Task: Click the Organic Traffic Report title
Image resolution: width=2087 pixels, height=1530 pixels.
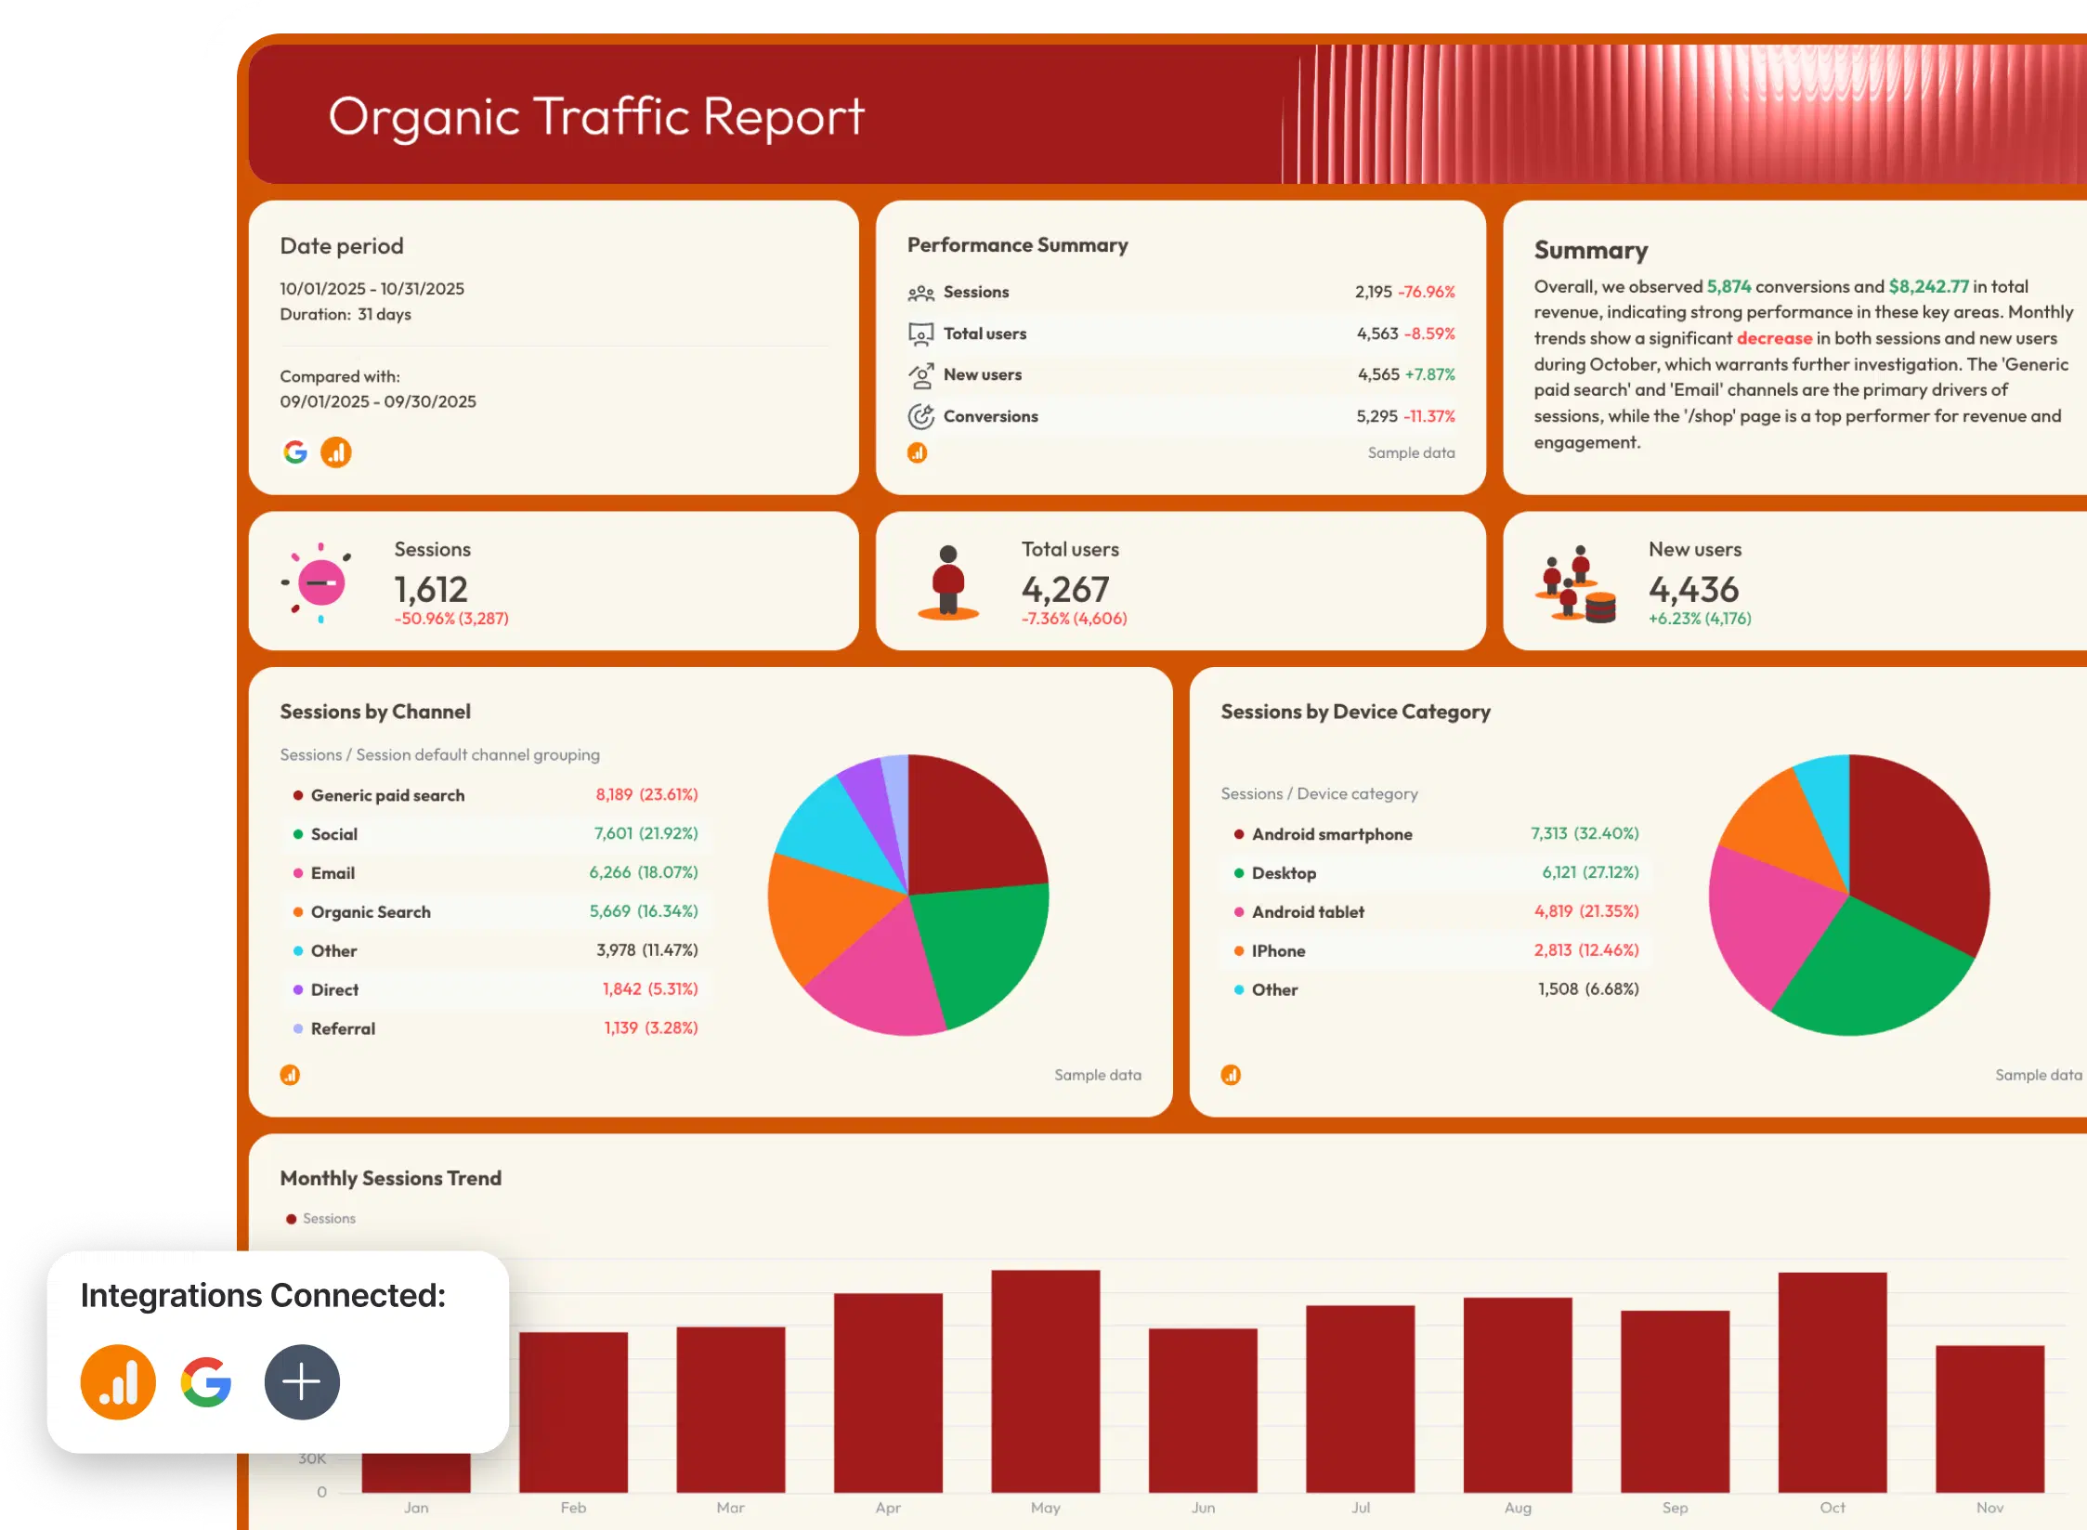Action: point(595,117)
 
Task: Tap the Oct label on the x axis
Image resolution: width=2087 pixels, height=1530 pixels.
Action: point(1832,1508)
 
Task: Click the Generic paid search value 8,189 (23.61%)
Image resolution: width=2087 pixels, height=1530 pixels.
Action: point(646,795)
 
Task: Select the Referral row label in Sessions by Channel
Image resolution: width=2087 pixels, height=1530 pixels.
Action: point(343,1028)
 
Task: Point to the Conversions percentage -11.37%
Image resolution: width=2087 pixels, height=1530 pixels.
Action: point(1429,416)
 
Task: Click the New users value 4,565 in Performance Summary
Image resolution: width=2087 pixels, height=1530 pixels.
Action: point(1377,374)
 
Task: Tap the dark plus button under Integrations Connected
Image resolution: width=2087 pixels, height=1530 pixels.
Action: point(302,1381)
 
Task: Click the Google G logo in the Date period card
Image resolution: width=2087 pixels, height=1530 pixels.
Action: point(295,452)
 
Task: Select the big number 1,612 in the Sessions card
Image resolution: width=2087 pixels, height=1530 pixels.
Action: point(431,590)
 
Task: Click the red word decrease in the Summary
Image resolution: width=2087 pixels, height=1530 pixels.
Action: point(1774,338)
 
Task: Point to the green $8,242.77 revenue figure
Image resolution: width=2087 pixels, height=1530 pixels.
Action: point(1928,286)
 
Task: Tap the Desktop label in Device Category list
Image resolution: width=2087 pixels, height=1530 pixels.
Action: point(1284,873)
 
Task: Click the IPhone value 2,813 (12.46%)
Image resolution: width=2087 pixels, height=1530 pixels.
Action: point(1585,950)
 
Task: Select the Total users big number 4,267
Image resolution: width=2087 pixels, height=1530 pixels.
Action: point(1065,590)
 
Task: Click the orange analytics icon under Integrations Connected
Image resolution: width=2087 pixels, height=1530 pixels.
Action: point(118,1381)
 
